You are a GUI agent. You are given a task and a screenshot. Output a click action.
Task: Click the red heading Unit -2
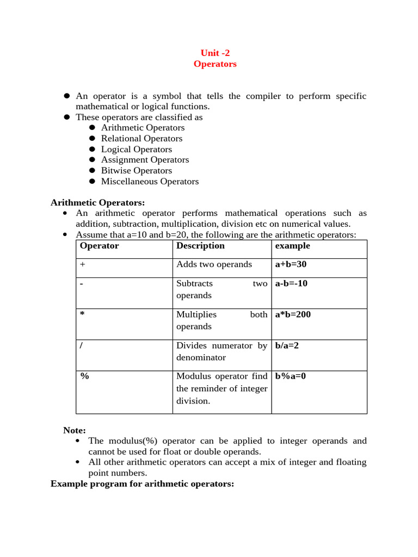(215, 53)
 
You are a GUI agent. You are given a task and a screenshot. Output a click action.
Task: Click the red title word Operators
(215, 64)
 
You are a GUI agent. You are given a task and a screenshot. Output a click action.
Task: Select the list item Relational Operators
(142, 138)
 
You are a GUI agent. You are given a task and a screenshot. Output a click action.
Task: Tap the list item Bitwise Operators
(136, 170)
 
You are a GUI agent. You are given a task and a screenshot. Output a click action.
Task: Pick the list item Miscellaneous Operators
(150, 181)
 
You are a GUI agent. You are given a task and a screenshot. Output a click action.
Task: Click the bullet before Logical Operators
(92, 149)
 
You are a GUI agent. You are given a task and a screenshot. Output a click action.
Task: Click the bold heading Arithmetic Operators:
(97, 202)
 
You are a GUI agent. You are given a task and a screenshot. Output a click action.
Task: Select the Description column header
(200, 246)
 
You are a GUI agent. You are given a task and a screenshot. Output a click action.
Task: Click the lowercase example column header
(292, 246)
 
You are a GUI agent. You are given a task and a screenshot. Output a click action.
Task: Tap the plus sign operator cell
(83, 264)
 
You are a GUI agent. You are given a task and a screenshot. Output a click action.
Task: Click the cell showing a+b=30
(291, 264)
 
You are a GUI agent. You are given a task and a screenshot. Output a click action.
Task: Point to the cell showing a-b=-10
(291, 283)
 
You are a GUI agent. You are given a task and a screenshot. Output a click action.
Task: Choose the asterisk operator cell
(83, 314)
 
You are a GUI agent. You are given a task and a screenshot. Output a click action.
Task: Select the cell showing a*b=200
(293, 314)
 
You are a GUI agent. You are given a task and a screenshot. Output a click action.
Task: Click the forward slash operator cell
(81, 345)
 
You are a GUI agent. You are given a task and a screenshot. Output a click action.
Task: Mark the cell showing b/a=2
(287, 345)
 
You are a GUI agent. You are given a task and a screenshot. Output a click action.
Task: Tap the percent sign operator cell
(84, 376)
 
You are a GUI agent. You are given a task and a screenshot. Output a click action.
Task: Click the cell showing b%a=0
(291, 376)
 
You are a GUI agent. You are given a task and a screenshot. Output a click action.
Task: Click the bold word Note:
(74, 430)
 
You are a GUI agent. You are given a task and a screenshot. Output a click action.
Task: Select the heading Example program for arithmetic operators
(142, 483)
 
